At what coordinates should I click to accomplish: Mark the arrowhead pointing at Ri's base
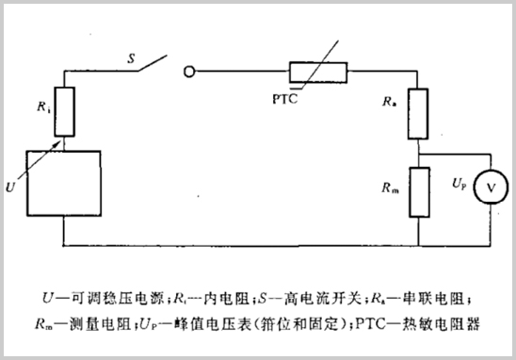pyautogui.click(x=65, y=138)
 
